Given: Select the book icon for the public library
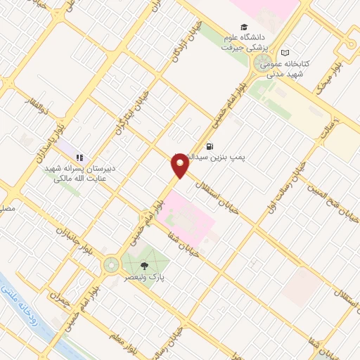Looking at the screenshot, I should (x=285, y=53).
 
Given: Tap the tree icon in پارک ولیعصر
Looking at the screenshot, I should (x=144, y=266).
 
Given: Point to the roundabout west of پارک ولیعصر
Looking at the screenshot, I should (x=110, y=265).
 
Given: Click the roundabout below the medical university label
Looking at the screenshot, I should (x=259, y=67).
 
